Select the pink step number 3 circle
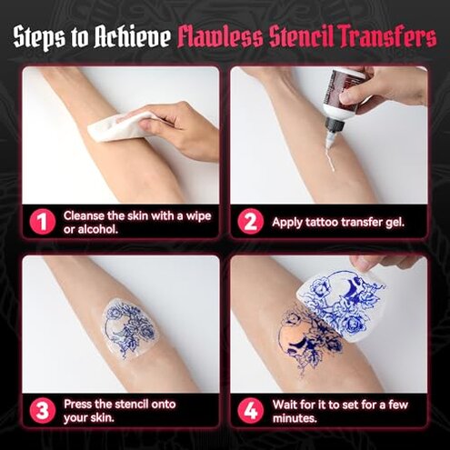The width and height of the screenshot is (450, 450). (x=39, y=410)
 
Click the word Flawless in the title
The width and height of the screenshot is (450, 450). (x=216, y=38)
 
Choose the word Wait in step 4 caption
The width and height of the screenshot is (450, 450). (x=286, y=403)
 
